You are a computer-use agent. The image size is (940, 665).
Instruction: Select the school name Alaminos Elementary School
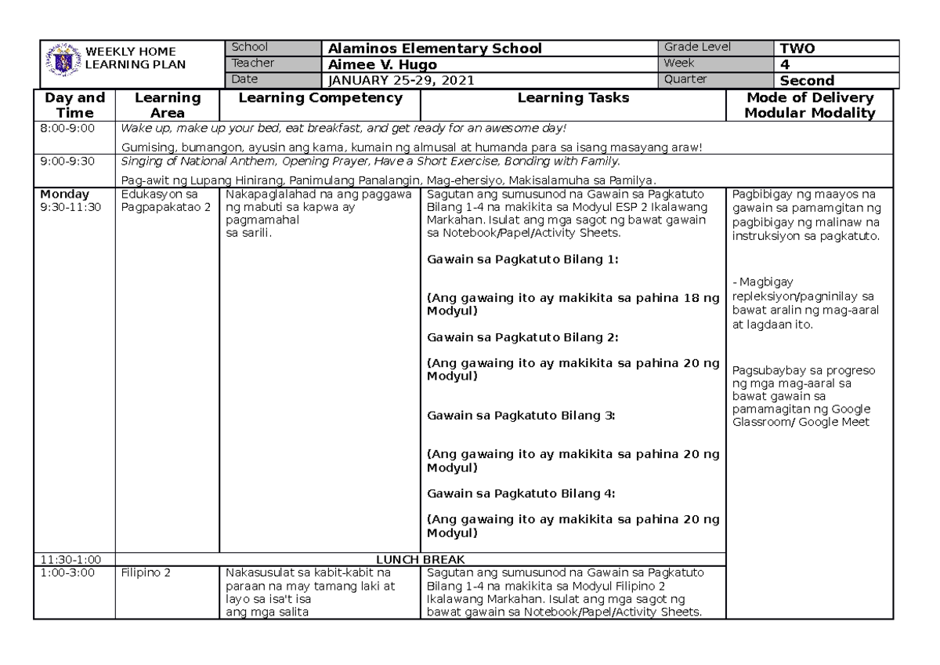435,49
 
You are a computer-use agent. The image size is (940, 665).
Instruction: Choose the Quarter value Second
807,80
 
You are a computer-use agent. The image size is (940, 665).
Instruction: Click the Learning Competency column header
320,98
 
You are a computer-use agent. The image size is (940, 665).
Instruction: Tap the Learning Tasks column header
573,98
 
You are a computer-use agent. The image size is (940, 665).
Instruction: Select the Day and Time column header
74,105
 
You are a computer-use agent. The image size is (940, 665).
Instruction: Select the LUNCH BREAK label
421,559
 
